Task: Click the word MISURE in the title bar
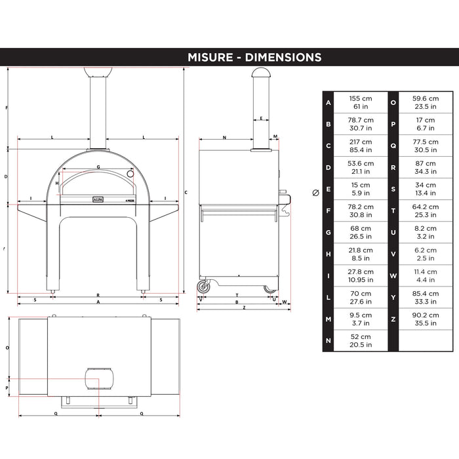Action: pyautogui.click(x=210, y=58)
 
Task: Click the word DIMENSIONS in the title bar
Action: pyautogui.click(x=283, y=58)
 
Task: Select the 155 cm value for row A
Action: pyautogui.click(x=361, y=98)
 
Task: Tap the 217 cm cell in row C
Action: pyautogui.click(x=361, y=142)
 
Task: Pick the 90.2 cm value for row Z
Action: pyautogui.click(x=426, y=315)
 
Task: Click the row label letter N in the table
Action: pyautogui.click(x=329, y=341)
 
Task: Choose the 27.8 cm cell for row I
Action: pyautogui.click(x=361, y=272)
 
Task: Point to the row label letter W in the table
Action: pyautogui.click(x=393, y=276)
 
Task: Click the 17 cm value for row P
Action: pyautogui.click(x=426, y=120)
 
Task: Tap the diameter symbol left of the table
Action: pyautogui.click(x=315, y=193)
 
